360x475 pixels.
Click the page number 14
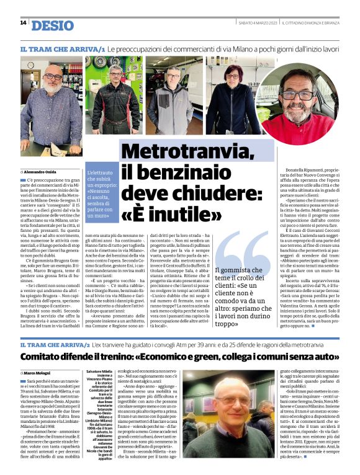click(23, 23)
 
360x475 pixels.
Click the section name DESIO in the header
click(52, 25)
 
